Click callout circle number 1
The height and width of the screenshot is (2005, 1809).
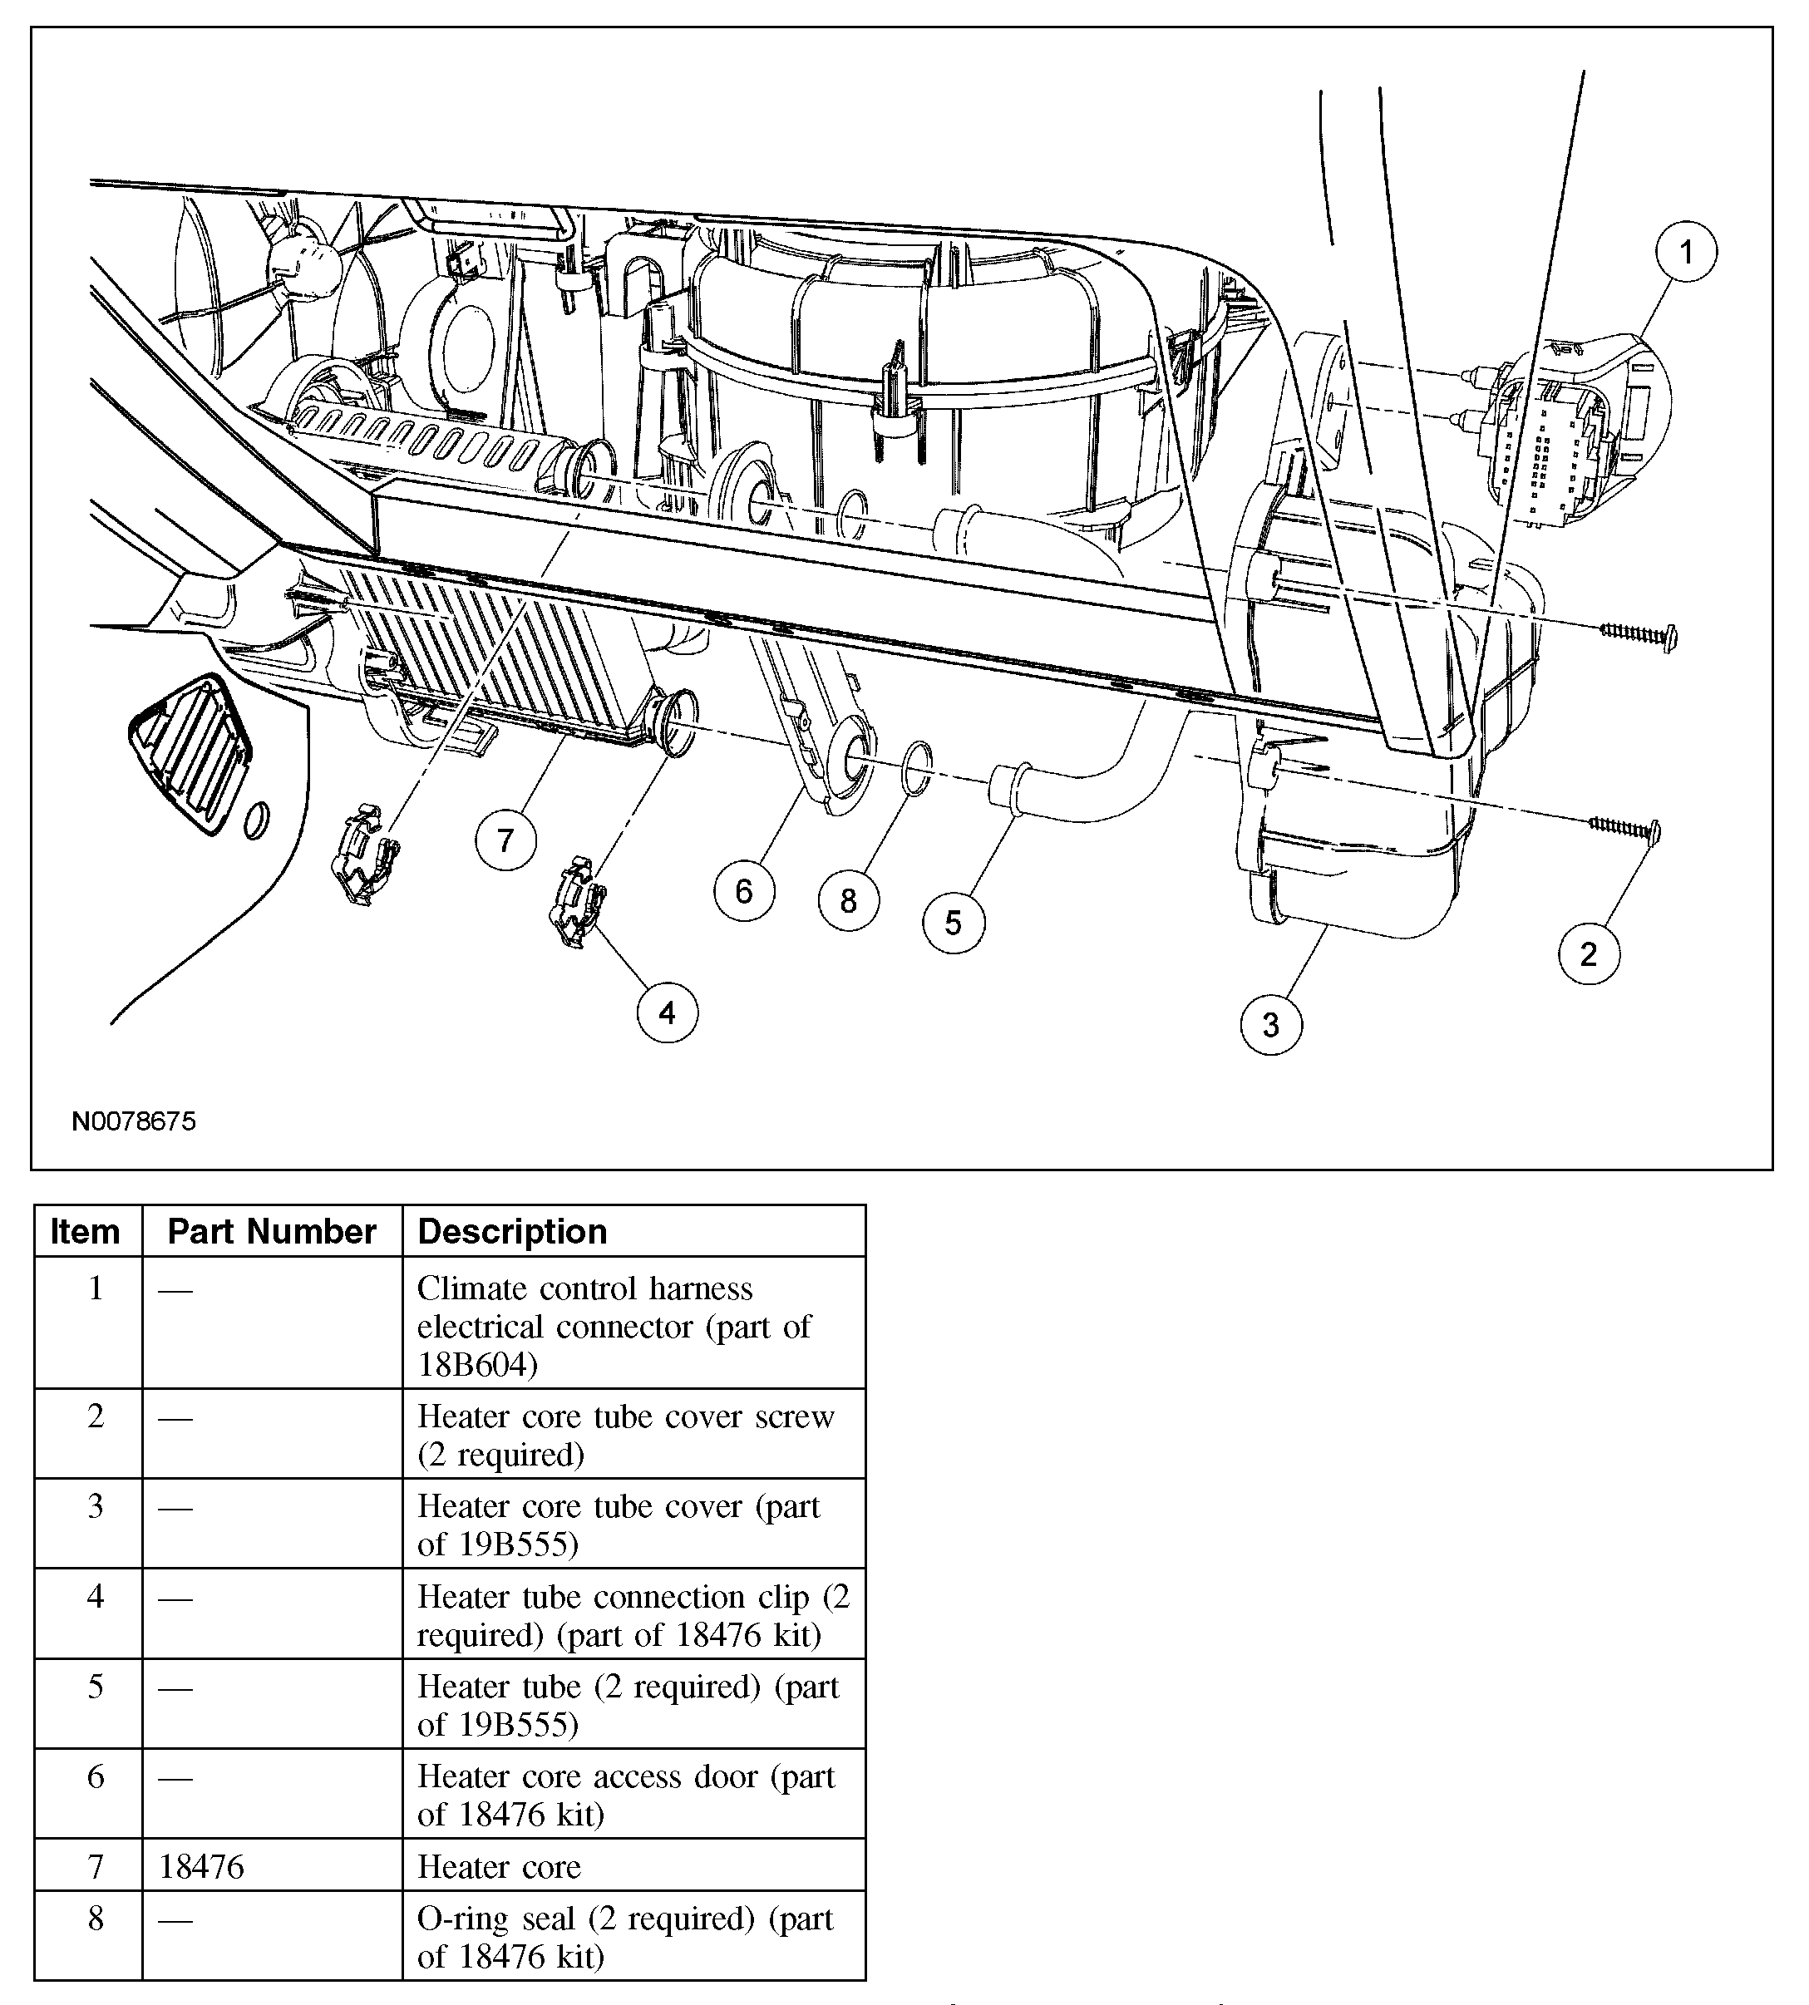pyautogui.click(x=1686, y=253)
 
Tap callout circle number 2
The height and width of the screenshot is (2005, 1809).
pyautogui.click(x=1589, y=954)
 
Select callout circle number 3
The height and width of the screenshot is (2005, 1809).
pyautogui.click(x=1271, y=1025)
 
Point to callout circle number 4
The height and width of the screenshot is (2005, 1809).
pyautogui.click(x=667, y=1013)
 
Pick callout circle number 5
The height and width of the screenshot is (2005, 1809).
pyautogui.click(x=954, y=924)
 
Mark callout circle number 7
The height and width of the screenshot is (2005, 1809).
pyautogui.click(x=506, y=841)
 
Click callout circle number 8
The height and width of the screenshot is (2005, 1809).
pyautogui.click(x=848, y=900)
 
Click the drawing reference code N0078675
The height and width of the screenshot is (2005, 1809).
pyautogui.click(x=134, y=1121)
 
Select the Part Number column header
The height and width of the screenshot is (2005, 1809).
pyautogui.click(x=271, y=1232)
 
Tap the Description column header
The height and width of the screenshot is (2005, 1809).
pyautogui.click(x=512, y=1232)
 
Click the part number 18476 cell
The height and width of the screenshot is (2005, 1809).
pyautogui.click(x=202, y=1867)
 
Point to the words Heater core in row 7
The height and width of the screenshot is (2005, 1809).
pyautogui.click(x=499, y=1867)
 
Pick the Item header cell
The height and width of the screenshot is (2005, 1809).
pyautogui.click(x=86, y=1232)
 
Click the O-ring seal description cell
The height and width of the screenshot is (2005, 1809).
pyautogui.click(x=625, y=1938)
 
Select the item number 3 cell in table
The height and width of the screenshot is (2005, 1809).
pyautogui.click(x=96, y=1507)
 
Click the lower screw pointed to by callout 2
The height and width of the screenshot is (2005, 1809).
pyautogui.click(x=1626, y=827)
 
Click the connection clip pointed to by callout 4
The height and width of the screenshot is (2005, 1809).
pyautogui.click(x=578, y=904)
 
